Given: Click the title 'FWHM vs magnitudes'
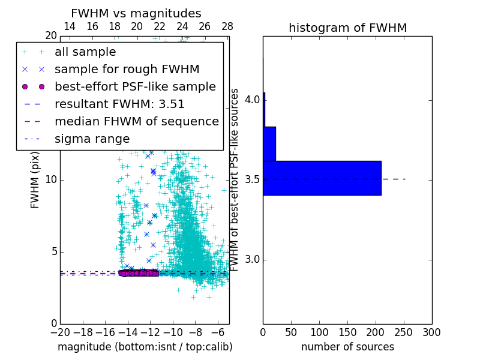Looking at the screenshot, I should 136,13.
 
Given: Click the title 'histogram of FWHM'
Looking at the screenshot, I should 347,28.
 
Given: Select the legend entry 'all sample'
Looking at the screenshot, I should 85,52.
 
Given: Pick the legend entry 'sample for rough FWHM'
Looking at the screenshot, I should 127,69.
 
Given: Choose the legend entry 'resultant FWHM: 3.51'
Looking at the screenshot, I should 119,104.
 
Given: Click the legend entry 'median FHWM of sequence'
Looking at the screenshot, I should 136,121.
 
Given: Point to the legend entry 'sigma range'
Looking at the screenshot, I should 92,139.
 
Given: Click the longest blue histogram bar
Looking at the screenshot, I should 322,178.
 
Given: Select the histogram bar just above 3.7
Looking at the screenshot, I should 269,143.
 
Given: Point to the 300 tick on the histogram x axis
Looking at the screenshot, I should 432,332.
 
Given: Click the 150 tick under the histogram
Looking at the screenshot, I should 347,332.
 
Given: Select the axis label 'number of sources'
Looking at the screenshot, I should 347,347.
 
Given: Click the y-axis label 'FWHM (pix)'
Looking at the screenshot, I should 35,179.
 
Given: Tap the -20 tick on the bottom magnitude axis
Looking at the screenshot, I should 60,332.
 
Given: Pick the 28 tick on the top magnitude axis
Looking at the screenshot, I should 227,26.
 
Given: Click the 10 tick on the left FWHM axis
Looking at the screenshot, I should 50,180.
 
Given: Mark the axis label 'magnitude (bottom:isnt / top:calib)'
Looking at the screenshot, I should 145,347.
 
